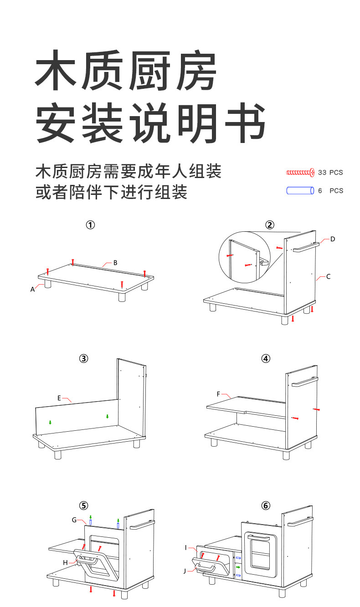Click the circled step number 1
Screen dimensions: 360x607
(91, 224)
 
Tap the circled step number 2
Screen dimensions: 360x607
(270, 224)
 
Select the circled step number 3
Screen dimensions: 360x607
(83, 358)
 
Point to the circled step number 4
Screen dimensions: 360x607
(266, 358)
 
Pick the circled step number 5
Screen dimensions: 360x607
(83, 505)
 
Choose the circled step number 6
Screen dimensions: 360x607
(266, 505)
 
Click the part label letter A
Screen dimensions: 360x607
(32, 289)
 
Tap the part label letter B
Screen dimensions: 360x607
(115, 262)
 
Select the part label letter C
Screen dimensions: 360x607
(328, 276)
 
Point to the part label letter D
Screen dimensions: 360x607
(333, 239)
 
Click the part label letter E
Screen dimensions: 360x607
(59, 398)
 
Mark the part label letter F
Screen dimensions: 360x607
(218, 393)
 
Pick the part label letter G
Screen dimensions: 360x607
(74, 520)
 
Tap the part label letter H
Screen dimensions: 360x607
(65, 563)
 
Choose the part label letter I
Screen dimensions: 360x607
(186, 547)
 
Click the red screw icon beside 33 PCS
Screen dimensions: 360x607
(300, 172)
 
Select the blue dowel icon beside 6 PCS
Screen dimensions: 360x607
(300, 190)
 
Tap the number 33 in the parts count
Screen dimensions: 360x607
(322, 173)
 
